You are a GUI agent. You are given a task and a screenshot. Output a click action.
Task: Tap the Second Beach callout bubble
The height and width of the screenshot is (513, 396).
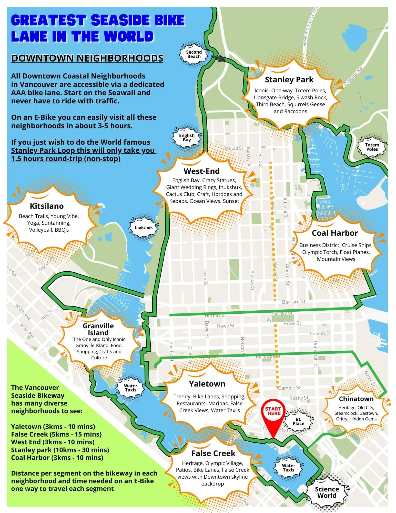tap(194, 54)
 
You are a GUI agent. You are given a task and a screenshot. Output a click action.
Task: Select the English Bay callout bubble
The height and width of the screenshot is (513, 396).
tap(187, 137)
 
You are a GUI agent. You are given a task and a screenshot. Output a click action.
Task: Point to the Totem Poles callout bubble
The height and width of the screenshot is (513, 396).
tap(372, 147)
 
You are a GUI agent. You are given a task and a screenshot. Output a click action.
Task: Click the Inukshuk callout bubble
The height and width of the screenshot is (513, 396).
tap(144, 227)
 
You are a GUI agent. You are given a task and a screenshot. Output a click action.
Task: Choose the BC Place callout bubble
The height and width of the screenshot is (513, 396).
tap(298, 421)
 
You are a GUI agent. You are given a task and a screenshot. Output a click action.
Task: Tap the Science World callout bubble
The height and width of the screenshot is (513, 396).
tap(327, 492)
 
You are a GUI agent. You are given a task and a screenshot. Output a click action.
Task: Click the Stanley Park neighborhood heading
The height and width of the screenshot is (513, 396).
tap(289, 80)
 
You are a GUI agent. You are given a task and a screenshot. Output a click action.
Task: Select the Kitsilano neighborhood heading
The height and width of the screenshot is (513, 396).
tap(47, 206)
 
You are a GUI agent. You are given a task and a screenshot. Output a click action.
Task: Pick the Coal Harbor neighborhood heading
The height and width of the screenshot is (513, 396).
tap(335, 233)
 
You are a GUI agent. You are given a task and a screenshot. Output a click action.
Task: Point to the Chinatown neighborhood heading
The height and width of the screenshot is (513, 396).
tap(356, 399)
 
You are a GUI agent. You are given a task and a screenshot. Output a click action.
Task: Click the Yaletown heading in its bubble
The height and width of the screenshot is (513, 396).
tap(207, 384)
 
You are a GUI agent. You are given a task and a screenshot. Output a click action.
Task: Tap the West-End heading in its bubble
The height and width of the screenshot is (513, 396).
tap(201, 171)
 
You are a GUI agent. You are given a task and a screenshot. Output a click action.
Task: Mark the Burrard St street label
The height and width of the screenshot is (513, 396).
tap(293, 302)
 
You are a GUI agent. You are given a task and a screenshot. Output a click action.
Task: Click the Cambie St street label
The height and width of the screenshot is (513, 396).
tap(290, 388)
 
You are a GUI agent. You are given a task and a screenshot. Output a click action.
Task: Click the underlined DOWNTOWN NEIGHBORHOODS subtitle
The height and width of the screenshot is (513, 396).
tap(87, 58)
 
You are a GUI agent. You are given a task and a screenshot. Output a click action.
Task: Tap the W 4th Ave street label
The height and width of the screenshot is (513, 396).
tap(23, 312)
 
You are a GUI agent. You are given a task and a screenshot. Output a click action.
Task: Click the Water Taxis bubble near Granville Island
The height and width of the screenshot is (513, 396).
tap(130, 388)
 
